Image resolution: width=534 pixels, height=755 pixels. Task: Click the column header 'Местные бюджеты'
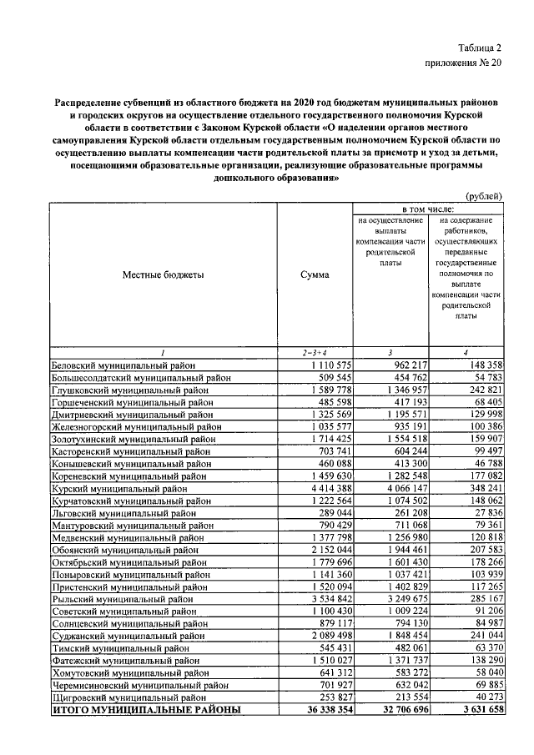163,274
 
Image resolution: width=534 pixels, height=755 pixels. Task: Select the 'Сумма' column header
315,274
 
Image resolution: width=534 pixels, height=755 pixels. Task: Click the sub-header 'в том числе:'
428,207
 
